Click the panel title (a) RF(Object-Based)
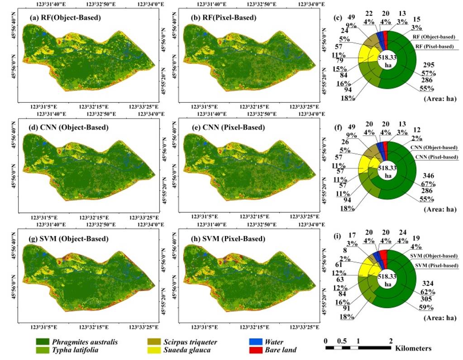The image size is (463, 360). (65, 18)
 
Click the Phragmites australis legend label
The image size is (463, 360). (85, 342)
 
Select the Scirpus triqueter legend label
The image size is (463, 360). (191, 342)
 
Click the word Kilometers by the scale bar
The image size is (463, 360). (413, 349)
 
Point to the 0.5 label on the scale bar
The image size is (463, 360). (342, 340)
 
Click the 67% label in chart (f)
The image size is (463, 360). (428, 184)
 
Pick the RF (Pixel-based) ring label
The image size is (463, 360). (435, 47)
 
